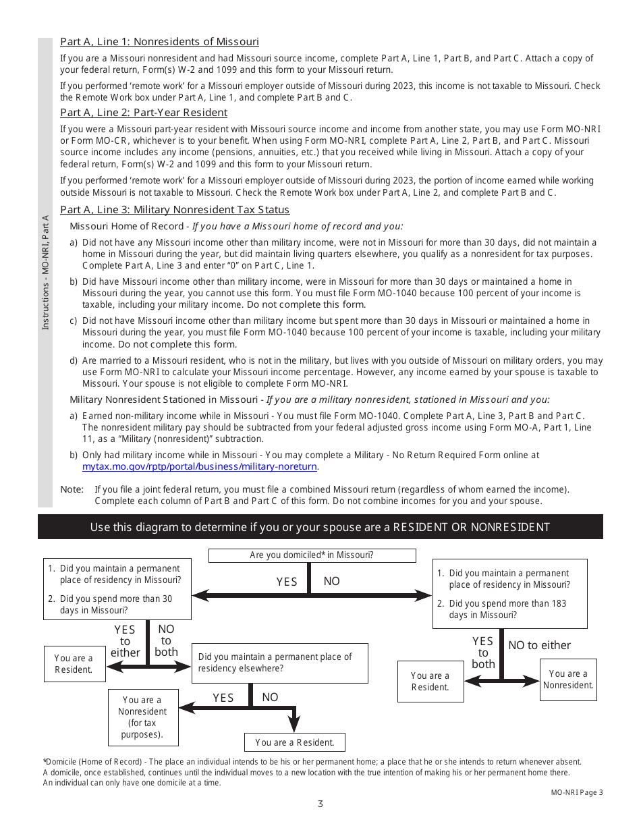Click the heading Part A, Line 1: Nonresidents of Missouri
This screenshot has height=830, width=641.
pyautogui.click(x=159, y=42)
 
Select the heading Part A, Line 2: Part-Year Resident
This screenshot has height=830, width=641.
pyautogui.click(x=144, y=113)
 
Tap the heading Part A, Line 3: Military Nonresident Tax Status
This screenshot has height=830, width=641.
pyautogui.click(x=175, y=210)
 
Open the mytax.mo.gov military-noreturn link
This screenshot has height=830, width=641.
pyautogui.click(x=200, y=466)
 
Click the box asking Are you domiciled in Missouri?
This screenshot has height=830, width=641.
pyautogui.click(x=312, y=555)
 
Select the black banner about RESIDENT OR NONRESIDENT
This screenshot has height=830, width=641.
pyautogui.click(x=320, y=527)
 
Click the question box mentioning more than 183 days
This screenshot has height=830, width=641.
pyautogui.click(x=509, y=594)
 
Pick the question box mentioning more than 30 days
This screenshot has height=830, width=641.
pyautogui.click(x=117, y=589)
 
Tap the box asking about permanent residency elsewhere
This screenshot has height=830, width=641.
pyautogui.click(x=280, y=663)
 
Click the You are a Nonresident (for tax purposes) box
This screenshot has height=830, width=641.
pyautogui.click(x=142, y=717)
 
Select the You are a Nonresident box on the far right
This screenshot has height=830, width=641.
pyautogui.click(x=568, y=680)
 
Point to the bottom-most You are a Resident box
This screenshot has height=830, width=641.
pyautogui.click(x=295, y=742)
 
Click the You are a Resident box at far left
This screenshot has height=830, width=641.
pyautogui.click(x=74, y=664)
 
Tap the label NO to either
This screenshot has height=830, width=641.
pyautogui.click(x=539, y=645)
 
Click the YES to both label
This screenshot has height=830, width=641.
pyautogui.click(x=483, y=653)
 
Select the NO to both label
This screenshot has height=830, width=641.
pyautogui.click(x=166, y=640)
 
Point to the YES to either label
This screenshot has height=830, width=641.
pyautogui.click(x=125, y=641)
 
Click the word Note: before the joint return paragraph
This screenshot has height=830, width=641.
pyautogui.click(x=72, y=489)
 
